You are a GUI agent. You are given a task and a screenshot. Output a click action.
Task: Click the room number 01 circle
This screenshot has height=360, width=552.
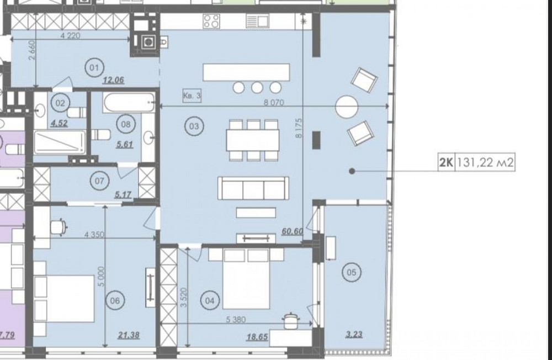(x=93, y=68)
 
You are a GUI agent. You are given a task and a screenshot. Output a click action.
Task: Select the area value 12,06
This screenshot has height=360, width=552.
(x=113, y=80)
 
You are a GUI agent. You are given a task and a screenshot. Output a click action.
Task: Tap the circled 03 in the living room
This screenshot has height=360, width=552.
(x=194, y=126)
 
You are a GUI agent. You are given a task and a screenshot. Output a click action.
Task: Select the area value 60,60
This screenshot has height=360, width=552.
(x=291, y=231)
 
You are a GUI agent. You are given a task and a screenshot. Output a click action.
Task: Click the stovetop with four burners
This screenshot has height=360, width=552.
(x=211, y=22)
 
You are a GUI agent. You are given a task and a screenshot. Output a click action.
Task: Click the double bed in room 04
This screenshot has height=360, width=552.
(x=246, y=279)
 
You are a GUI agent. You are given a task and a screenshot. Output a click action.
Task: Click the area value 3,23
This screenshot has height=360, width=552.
(x=353, y=334)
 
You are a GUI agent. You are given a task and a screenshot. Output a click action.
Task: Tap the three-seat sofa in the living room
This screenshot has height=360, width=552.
(x=253, y=189)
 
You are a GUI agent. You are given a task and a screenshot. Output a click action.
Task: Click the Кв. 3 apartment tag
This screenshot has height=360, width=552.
(x=192, y=96)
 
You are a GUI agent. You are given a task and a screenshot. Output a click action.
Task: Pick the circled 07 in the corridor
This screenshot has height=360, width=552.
(x=99, y=181)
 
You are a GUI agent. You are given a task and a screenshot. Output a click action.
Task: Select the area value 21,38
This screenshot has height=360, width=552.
(x=129, y=334)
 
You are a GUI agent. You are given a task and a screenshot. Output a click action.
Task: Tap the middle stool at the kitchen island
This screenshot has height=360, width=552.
(x=257, y=87)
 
